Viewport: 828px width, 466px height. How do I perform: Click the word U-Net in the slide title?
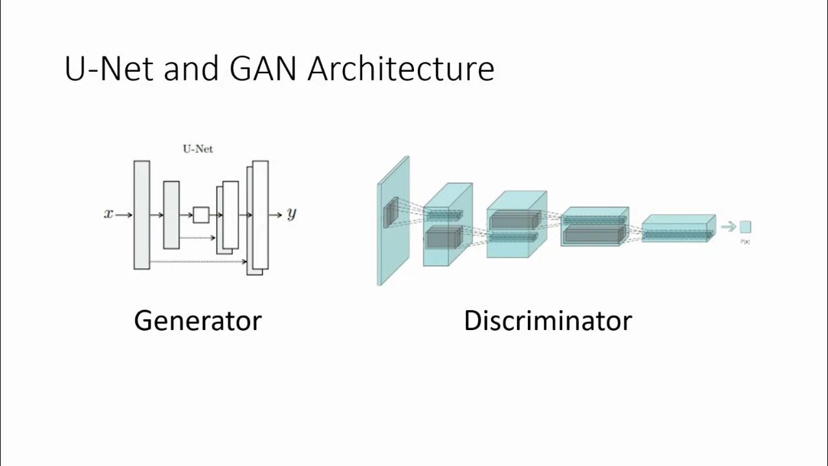(109, 69)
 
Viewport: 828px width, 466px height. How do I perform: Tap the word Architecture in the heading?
(401, 69)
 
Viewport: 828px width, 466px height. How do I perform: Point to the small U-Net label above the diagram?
(198, 149)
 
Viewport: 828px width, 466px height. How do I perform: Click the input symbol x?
(108, 214)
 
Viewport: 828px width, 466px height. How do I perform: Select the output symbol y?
(292, 214)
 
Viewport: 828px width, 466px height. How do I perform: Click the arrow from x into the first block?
(124, 214)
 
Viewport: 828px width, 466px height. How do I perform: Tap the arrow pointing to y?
(276, 214)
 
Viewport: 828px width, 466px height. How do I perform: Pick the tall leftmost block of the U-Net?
(142, 214)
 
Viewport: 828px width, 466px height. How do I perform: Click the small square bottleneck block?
(201, 214)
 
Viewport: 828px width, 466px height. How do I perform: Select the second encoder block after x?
(171, 214)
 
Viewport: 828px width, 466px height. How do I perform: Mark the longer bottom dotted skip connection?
(197, 261)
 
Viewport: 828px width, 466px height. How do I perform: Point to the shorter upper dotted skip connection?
(197, 238)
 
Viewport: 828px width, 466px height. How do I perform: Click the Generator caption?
(197, 320)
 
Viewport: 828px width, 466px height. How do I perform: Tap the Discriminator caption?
(547, 320)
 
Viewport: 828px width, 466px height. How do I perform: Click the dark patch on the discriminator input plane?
(391, 214)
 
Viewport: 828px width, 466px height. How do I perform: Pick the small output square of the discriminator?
(745, 227)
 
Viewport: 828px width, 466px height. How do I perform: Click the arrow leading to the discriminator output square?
(729, 227)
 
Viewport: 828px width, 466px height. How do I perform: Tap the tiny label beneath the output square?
(745, 241)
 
